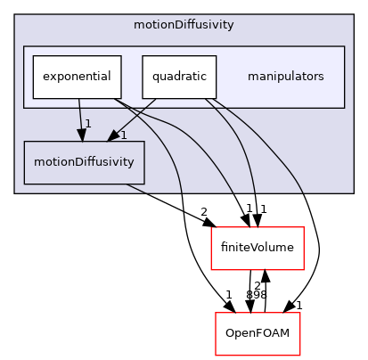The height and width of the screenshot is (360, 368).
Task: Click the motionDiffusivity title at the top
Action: pyautogui.click(x=184, y=25)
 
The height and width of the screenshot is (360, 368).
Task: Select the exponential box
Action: pyautogui.click(x=77, y=77)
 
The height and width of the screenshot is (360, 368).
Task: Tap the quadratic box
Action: pyautogui.click(x=179, y=77)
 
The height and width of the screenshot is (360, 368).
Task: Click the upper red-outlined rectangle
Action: pyautogui.click(x=257, y=248)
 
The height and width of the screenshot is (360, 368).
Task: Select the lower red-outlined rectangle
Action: pyautogui.click(x=257, y=333)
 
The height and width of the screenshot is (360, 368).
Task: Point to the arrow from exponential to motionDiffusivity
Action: pyautogui.click(x=80, y=116)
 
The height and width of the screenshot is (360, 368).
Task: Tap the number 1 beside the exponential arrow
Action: pyautogui.click(x=88, y=123)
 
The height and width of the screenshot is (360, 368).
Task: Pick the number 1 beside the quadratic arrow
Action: pyautogui.click(x=123, y=135)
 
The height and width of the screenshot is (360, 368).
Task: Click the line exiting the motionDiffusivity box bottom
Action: pyautogui.click(x=136, y=188)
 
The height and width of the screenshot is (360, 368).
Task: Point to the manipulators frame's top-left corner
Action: pyautogui.click(x=24, y=46)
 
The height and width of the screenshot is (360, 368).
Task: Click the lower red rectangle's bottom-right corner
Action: pyautogui.click(x=299, y=355)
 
